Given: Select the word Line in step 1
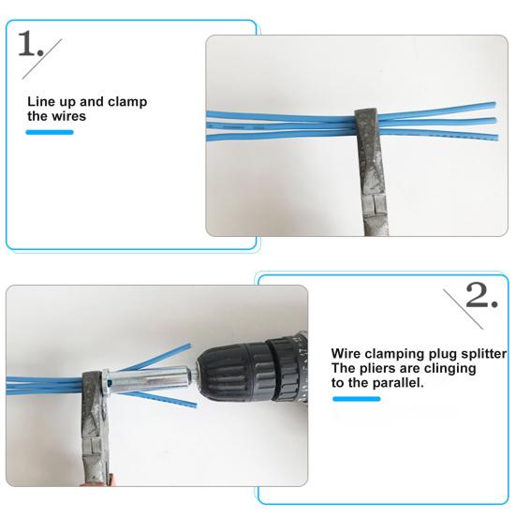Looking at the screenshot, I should click(x=39, y=101).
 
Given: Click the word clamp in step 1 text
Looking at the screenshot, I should click(x=127, y=101).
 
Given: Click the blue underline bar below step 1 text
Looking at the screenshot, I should click(x=49, y=132).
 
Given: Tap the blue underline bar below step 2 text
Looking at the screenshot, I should click(x=356, y=398).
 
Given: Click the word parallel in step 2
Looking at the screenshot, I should click(x=397, y=383).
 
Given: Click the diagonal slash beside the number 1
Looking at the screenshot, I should click(x=55, y=49).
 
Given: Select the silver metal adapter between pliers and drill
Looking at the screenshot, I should click(x=140, y=383).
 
